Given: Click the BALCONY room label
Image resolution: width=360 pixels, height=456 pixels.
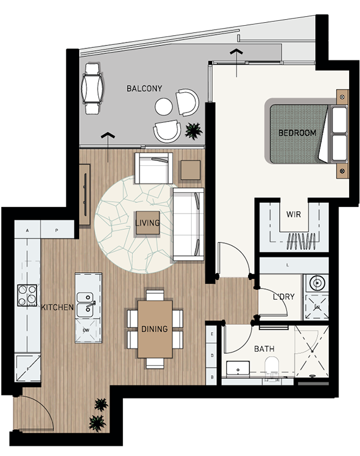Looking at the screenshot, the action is pyautogui.click(x=144, y=89).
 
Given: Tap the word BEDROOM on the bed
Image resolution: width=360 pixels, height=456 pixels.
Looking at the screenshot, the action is pyautogui.click(x=297, y=133).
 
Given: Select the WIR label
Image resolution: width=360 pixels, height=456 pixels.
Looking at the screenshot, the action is pyautogui.click(x=294, y=215).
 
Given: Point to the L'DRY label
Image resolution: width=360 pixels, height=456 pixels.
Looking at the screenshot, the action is pyautogui.click(x=284, y=297).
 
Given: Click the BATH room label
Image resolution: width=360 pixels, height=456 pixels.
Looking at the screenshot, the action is pyautogui.click(x=264, y=349).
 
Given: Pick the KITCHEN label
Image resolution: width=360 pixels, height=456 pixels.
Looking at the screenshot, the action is pyautogui.click(x=58, y=308).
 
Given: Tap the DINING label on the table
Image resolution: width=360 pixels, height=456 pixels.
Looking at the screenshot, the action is pyautogui.click(x=155, y=329).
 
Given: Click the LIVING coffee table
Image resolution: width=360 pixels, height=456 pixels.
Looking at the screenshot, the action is pyautogui.click(x=148, y=223).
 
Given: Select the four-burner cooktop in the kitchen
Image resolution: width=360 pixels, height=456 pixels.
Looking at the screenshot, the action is pyautogui.click(x=27, y=295).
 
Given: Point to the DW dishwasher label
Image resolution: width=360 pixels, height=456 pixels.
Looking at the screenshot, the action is pyautogui.click(x=86, y=330).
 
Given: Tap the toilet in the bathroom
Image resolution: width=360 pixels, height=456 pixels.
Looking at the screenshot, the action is pyautogui.click(x=272, y=366).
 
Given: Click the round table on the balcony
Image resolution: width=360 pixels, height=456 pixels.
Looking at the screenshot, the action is pyautogui.click(x=164, y=107).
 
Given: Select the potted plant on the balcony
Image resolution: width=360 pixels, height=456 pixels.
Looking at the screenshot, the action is pyautogui.click(x=193, y=130).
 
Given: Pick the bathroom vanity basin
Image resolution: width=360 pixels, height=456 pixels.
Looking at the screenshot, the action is pyautogui.click(x=238, y=368).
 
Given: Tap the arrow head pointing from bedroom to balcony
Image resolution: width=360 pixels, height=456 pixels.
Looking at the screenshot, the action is pyautogui.click(x=237, y=52).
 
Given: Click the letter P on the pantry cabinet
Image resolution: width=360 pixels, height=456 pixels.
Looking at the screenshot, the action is pyautogui.click(x=57, y=230).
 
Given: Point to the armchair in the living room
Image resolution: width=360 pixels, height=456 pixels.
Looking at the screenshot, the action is pyautogui.click(x=154, y=168).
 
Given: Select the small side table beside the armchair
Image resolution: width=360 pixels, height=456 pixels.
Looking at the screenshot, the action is pyautogui.click(x=190, y=170).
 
